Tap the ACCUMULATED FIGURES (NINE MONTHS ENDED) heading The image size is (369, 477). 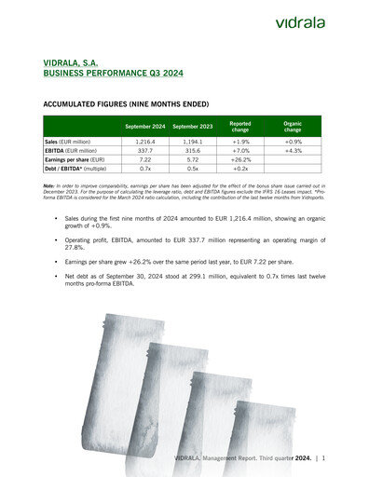pos(126,105)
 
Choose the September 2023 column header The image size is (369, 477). pos(192,126)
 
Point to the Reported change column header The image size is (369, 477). pos(239,126)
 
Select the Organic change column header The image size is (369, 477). pos(292,126)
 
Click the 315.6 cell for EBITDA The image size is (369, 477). pos(192,150)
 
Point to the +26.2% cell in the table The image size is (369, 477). pos(239,159)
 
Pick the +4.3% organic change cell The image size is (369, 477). pos(292,150)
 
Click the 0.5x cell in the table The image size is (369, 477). pos(192,169)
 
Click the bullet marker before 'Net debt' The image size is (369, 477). pos(56,277)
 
